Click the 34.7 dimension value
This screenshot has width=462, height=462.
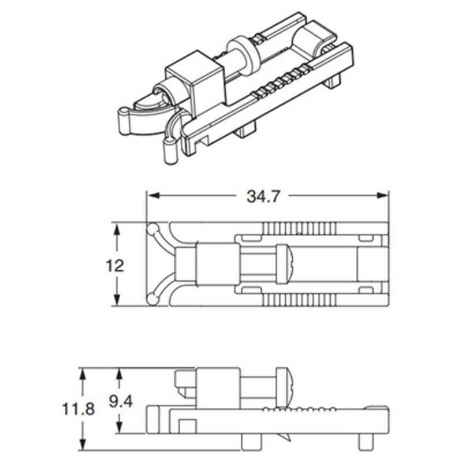263,196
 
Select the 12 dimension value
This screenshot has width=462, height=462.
114,266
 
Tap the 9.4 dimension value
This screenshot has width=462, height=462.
121,401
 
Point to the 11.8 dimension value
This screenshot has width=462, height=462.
79,409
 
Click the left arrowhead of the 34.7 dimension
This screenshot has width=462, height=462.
153,195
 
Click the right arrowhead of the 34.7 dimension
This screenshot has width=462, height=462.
382,195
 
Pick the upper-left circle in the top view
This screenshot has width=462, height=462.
153,229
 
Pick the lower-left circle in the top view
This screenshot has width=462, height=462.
152,299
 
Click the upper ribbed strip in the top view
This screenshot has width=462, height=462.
299,229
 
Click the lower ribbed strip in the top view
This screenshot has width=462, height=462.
299,300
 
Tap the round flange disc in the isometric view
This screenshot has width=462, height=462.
243,54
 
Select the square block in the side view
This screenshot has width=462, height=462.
218,388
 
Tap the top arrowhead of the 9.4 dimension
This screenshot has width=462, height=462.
119,374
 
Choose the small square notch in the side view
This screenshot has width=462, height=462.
188,426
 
